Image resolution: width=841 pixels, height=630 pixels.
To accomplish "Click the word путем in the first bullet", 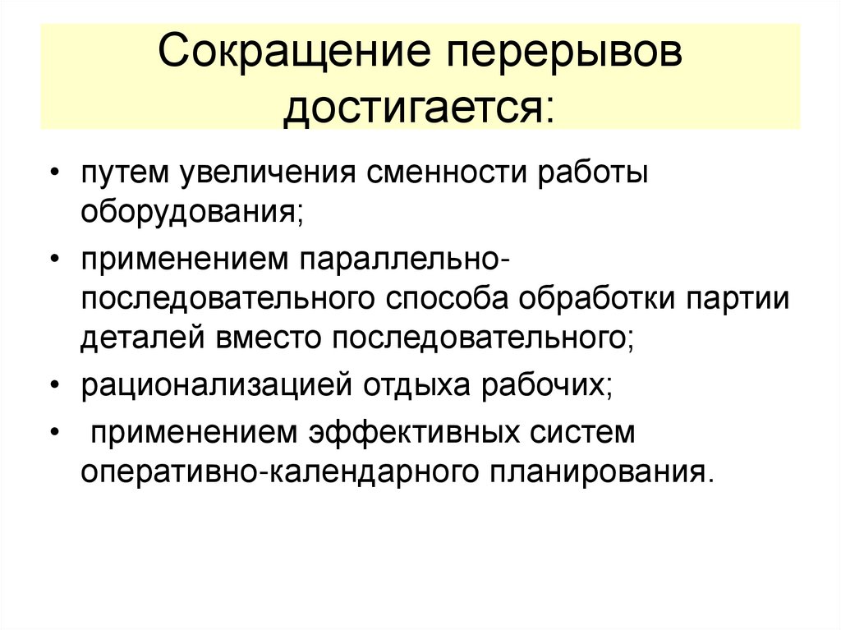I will click(126, 174).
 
